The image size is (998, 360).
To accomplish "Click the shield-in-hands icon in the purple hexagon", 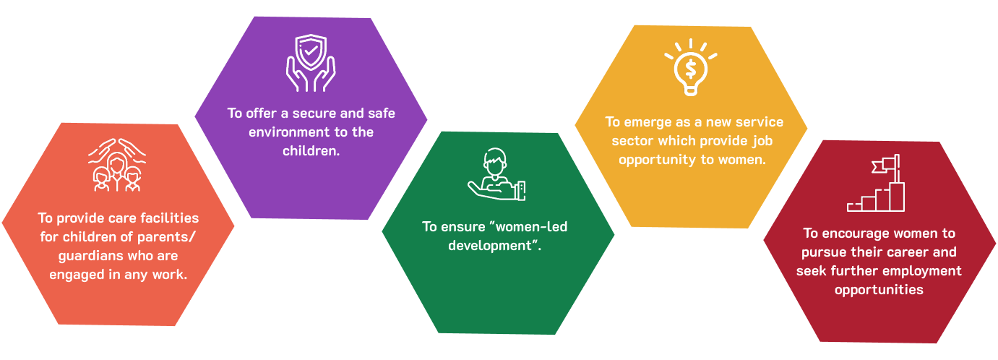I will (311, 63).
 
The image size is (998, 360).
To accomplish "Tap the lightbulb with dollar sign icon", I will (691, 67).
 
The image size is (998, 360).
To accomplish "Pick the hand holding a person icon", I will (497, 175).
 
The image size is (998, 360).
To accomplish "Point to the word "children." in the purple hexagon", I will (311, 151).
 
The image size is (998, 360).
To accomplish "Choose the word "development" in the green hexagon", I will (489, 245).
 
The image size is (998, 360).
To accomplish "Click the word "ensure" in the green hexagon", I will (460, 226).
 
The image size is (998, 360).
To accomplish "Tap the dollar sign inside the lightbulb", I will (691, 68).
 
